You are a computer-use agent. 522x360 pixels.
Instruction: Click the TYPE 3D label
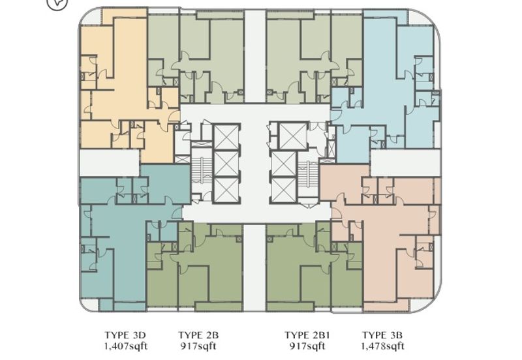pyautogui.click(x=125, y=335)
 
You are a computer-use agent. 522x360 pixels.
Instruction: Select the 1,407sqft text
pyautogui.click(x=125, y=346)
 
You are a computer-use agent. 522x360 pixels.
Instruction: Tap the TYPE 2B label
pyautogui.click(x=198, y=335)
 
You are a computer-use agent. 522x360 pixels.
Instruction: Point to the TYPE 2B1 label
pyautogui.click(x=307, y=335)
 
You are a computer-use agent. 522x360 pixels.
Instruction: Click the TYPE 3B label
pyautogui.click(x=382, y=335)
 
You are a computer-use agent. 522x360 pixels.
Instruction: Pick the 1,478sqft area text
pyautogui.click(x=383, y=346)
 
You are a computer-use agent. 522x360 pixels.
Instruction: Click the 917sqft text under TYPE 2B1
pyautogui.click(x=307, y=346)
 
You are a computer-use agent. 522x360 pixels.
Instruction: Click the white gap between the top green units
pyautogui.click(x=255, y=56)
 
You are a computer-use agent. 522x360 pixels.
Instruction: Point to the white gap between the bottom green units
pyautogui.click(x=254, y=268)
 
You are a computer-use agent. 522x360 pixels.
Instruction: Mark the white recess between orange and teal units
pyautogui.click(x=110, y=162)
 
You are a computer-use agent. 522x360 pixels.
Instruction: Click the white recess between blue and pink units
pyautogui.click(x=405, y=162)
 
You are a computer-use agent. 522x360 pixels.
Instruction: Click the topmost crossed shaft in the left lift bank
pyautogui.click(x=226, y=138)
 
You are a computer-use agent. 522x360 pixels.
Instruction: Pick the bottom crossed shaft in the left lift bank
pyautogui.click(x=226, y=189)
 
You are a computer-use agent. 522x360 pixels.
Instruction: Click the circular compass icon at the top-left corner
pyautogui.click(x=57, y=3)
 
